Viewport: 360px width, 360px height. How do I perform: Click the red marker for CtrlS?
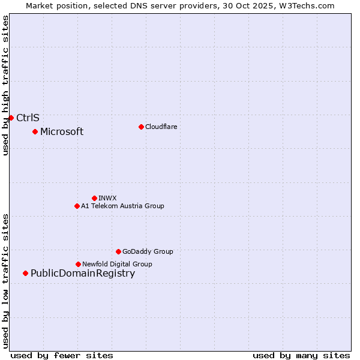[x=11, y=118]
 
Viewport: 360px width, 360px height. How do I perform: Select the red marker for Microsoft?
[x=35, y=131]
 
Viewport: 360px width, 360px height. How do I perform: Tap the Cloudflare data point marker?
[x=141, y=127]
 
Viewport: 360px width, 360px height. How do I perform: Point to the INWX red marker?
[x=94, y=198]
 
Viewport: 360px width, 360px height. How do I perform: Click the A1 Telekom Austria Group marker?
[x=77, y=206]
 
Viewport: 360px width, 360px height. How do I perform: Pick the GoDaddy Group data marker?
[x=118, y=251]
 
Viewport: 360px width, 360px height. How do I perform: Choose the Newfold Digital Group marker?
[x=78, y=264]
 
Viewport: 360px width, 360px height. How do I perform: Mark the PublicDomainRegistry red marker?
[x=25, y=274]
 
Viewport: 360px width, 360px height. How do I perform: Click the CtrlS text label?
[x=28, y=118]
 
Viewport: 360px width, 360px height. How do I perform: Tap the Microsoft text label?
[x=62, y=132]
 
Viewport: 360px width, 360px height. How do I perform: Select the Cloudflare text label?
[x=161, y=127]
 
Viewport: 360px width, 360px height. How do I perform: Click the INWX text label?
[x=107, y=198]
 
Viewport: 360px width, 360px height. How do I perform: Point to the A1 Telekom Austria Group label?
[x=122, y=206]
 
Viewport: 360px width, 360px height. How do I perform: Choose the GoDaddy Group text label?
[x=148, y=251]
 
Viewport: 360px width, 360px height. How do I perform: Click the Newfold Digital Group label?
[x=117, y=264]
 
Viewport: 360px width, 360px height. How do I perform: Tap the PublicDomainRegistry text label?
[x=83, y=274]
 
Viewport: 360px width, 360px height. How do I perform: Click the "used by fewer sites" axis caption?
[x=62, y=355]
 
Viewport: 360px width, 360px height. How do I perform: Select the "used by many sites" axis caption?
[x=301, y=355]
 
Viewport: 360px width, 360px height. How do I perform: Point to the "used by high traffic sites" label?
[x=5, y=85]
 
